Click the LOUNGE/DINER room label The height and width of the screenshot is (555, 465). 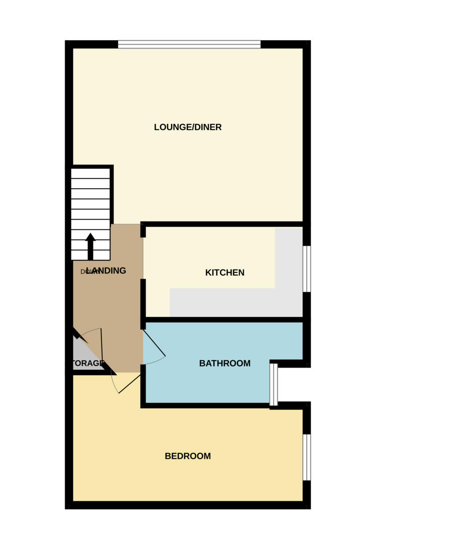click(187, 127)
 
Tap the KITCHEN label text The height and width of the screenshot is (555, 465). click(224, 273)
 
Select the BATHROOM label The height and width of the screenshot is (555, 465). click(224, 364)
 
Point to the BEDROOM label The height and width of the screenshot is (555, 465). click(187, 456)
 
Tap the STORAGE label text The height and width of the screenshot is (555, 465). click(88, 364)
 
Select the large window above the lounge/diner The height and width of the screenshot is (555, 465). click(189, 44)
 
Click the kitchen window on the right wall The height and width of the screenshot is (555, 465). click(307, 269)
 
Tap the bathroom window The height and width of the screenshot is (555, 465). click(273, 384)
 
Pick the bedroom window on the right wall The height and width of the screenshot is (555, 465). click(307, 457)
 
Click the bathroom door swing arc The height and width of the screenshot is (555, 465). click(156, 361)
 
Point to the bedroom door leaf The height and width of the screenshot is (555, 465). click(129, 384)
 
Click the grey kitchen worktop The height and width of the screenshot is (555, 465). click(231, 303)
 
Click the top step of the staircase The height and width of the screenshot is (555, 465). click(91, 173)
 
